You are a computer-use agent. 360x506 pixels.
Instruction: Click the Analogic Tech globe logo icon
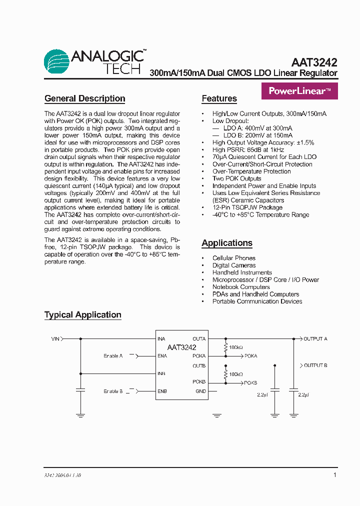[x=56, y=61]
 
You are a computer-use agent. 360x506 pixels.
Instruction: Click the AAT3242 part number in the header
[x=314, y=63]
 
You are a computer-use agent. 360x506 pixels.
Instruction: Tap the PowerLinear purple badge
[x=299, y=91]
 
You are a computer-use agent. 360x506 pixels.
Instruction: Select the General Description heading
[x=84, y=98]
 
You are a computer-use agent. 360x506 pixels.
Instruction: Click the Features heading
[x=219, y=98]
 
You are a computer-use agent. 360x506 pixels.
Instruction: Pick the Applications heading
[x=227, y=243]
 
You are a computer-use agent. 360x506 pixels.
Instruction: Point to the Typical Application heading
[x=83, y=314]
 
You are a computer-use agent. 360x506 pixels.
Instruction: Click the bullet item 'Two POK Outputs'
[x=236, y=178]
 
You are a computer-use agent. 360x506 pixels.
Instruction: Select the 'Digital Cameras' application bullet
[x=233, y=265]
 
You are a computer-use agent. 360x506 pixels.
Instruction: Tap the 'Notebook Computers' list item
[x=241, y=287]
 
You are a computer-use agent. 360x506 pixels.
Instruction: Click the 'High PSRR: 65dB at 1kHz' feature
[x=248, y=149]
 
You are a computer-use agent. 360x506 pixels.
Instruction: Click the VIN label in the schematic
[x=55, y=339]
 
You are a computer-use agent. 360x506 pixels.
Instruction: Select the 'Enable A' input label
[x=113, y=356]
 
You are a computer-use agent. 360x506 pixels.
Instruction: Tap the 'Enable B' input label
[x=113, y=391]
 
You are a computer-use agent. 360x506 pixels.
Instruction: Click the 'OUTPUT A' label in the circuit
[x=315, y=339]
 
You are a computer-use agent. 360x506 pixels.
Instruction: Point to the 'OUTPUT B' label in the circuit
[x=315, y=365]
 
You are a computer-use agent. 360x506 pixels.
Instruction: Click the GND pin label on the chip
[x=200, y=391]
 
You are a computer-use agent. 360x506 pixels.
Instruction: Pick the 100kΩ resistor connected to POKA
[x=225, y=347]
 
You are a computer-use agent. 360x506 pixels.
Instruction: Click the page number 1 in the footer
[x=334, y=475]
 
